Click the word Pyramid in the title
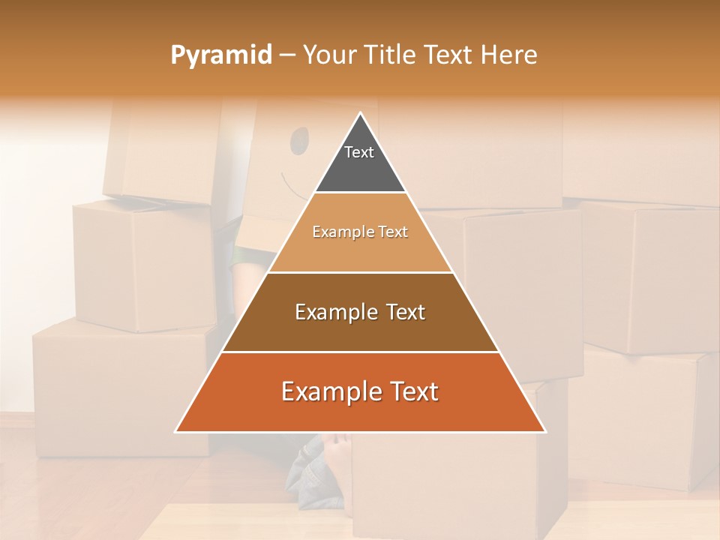(220, 55)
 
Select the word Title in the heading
(389, 55)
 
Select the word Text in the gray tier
(359, 152)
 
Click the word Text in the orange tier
(412, 391)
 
